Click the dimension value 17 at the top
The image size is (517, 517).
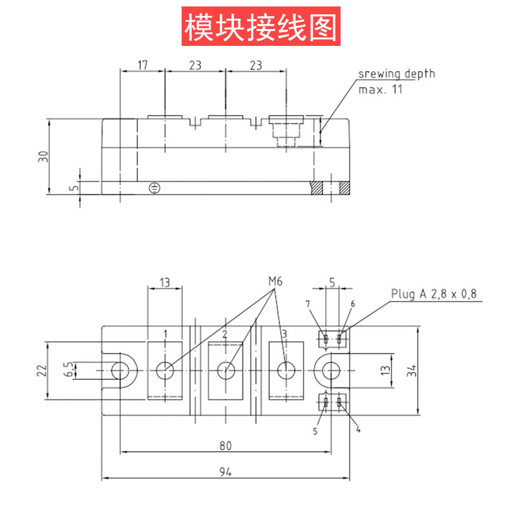click(x=142, y=65)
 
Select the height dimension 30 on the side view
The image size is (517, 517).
click(x=43, y=156)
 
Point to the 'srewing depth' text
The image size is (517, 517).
click(x=397, y=74)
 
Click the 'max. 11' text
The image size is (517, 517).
click(x=380, y=89)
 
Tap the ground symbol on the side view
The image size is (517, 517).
click(x=154, y=188)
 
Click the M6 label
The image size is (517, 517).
click(x=276, y=282)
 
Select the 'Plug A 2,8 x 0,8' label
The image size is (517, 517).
click(x=434, y=293)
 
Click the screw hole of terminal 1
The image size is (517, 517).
click(x=165, y=370)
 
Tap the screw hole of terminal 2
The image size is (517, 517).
click(x=226, y=370)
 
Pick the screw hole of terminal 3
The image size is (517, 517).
click(x=286, y=370)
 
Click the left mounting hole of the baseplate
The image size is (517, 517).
click(x=120, y=370)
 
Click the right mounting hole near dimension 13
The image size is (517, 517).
click(x=332, y=370)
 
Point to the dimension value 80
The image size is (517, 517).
click(x=225, y=445)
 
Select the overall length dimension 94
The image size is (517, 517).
click(x=225, y=472)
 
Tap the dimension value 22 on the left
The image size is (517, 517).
click(x=43, y=370)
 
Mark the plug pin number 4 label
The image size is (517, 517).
click(x=358, y=429)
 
